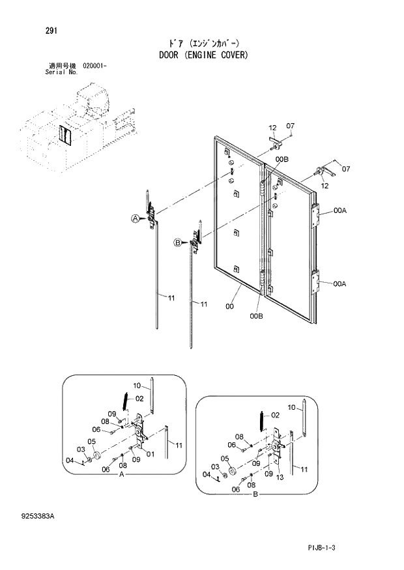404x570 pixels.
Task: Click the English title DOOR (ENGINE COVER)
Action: click(203, 55)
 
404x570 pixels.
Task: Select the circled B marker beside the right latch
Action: click(176, 243)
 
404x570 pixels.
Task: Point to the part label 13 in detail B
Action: click(280, 478)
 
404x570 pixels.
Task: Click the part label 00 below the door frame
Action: click(229, 306)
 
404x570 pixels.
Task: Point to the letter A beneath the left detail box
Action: click(121, 477)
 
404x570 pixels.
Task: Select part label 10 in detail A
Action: click(137, 385)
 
